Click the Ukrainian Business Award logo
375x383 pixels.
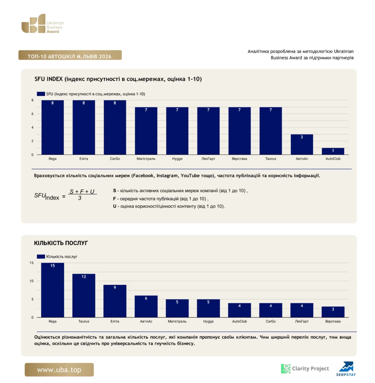[x=43, y=24]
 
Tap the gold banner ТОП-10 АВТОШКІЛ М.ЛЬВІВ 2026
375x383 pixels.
[x=70, y=55]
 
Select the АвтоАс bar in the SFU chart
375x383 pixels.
[x=302, y=144]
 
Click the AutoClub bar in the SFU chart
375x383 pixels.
[x=333, y=151]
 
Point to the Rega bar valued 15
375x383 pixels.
[x=53, y=290]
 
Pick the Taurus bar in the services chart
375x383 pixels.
[x=84, y=295]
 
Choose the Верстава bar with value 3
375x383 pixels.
[x=333, y=312]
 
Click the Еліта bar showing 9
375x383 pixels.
[x=115, y=301]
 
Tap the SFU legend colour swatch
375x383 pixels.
[x=41, y=94]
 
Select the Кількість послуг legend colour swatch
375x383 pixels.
[x=41, y=257]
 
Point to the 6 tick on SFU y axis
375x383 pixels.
[x=32, y=114]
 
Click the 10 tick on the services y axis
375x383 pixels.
[x=31, y=281]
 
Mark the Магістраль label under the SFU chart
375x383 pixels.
[x=146, y=159]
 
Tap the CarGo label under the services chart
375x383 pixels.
[x=270, y=321]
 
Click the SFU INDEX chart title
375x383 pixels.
[x=118, y=79]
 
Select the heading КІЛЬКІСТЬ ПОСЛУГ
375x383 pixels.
[x=61, y=243]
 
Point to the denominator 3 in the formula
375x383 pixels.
[x=80, y=198]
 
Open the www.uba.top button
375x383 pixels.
[x=59, y=370]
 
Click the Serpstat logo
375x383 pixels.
[x=346, y=369]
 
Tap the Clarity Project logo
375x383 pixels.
[x=305, y=368]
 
